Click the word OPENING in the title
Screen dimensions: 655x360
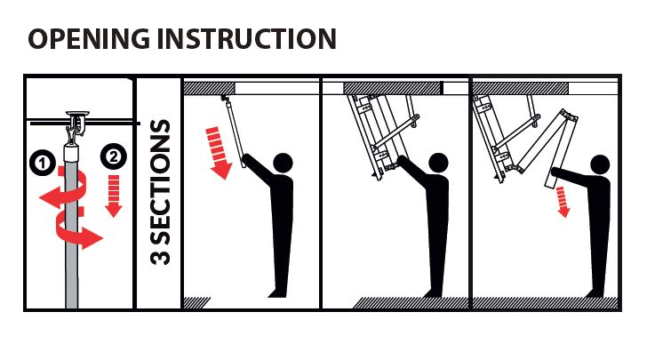(89, 39)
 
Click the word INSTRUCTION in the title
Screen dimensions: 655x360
(247, 39)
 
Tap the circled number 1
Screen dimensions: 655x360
(43, 163)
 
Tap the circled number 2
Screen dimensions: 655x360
(113, 156)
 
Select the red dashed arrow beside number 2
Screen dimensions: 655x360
(114, 196)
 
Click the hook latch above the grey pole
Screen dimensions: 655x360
(76, 123)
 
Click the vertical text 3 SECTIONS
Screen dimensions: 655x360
(160, 192)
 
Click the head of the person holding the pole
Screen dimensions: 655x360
(284, 163)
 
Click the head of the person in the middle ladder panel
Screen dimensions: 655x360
(438, 163)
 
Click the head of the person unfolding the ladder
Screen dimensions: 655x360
(599, 164)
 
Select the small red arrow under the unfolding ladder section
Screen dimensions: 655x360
(563, 202)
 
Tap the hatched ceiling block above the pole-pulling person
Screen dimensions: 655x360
(209, 88)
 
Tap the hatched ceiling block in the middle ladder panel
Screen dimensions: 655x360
(392, 88)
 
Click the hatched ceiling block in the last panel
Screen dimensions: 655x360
(521, 88)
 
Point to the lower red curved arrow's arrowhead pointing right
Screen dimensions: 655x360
(92, 239)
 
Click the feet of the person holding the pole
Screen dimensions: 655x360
(278, 293)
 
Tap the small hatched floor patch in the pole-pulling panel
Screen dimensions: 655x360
(196, 303)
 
